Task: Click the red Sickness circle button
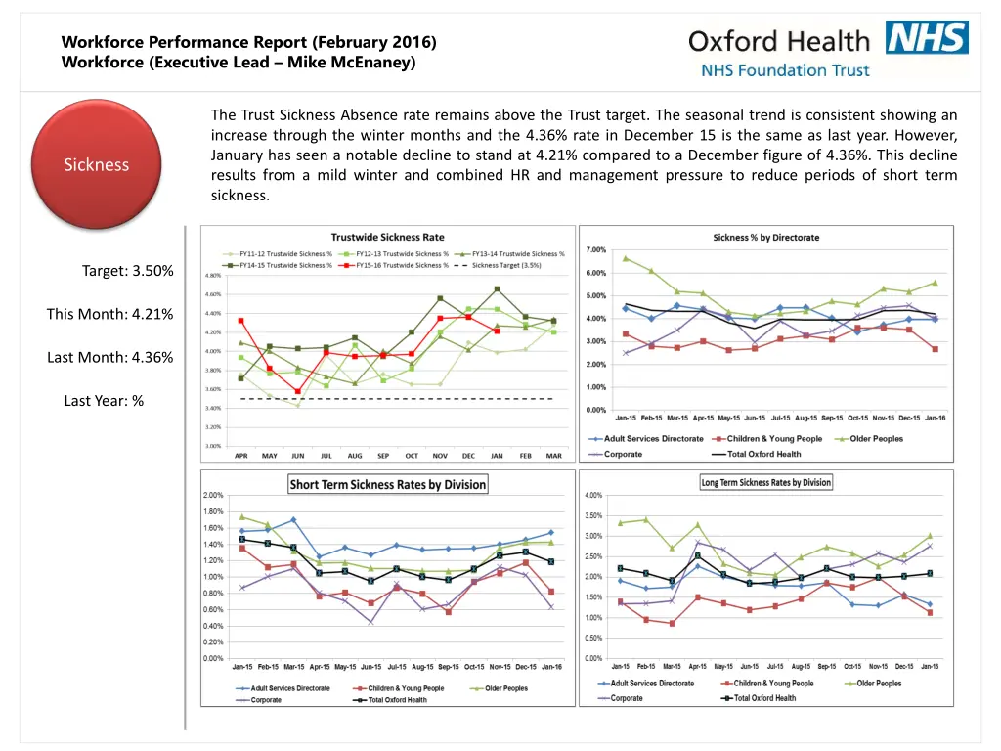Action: click(x=96, y=164)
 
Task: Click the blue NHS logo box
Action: click(x=927, y=38)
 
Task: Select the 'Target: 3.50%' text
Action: click(x=128, y=271)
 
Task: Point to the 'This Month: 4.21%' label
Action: click(x=110, y=314)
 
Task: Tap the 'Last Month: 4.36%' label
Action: click(x=110, y=357)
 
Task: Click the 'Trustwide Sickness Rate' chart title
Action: click(x=387, y=237)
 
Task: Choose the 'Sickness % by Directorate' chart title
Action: click(x=766, y=237)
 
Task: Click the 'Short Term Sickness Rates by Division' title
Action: click(x=387, y=484)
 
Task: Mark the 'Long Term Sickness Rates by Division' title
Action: click(x=766, y=482)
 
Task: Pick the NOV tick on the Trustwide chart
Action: click(x=440, y=455)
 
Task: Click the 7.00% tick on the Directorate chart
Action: click(x=596, y=250)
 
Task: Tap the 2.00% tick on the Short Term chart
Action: click(x=212, y=495)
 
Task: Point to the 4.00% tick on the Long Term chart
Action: click(x=593, y=495)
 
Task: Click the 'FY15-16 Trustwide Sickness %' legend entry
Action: click(x=402, y=264)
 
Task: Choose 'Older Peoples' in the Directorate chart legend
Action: click(x=876, y=439)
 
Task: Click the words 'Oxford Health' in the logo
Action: click(x=778, y=41)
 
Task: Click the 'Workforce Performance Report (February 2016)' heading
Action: click(x=248, y=42)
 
